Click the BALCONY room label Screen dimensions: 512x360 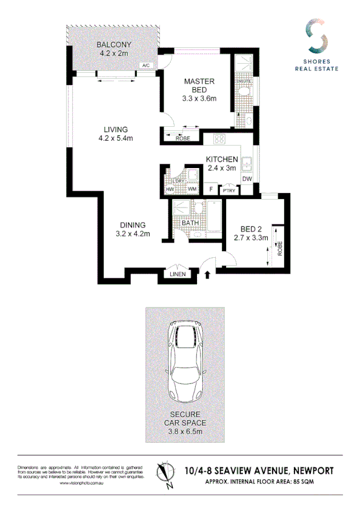tap(114, 45)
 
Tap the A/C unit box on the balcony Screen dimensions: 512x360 tap(146, 65)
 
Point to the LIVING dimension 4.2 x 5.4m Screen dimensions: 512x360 tap(115, 138)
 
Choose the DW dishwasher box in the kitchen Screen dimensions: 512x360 tap(247, 179)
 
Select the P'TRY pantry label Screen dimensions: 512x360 tap(228, 190)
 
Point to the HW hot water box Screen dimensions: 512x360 tap(170, 190)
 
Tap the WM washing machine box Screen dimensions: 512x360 tap(192, 190)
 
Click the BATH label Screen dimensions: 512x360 tap(190, 223)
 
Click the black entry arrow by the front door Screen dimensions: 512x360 tap(208, 275)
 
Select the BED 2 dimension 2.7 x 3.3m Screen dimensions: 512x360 tap(251, 238)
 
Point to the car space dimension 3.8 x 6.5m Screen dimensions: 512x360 tap(186, 431)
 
